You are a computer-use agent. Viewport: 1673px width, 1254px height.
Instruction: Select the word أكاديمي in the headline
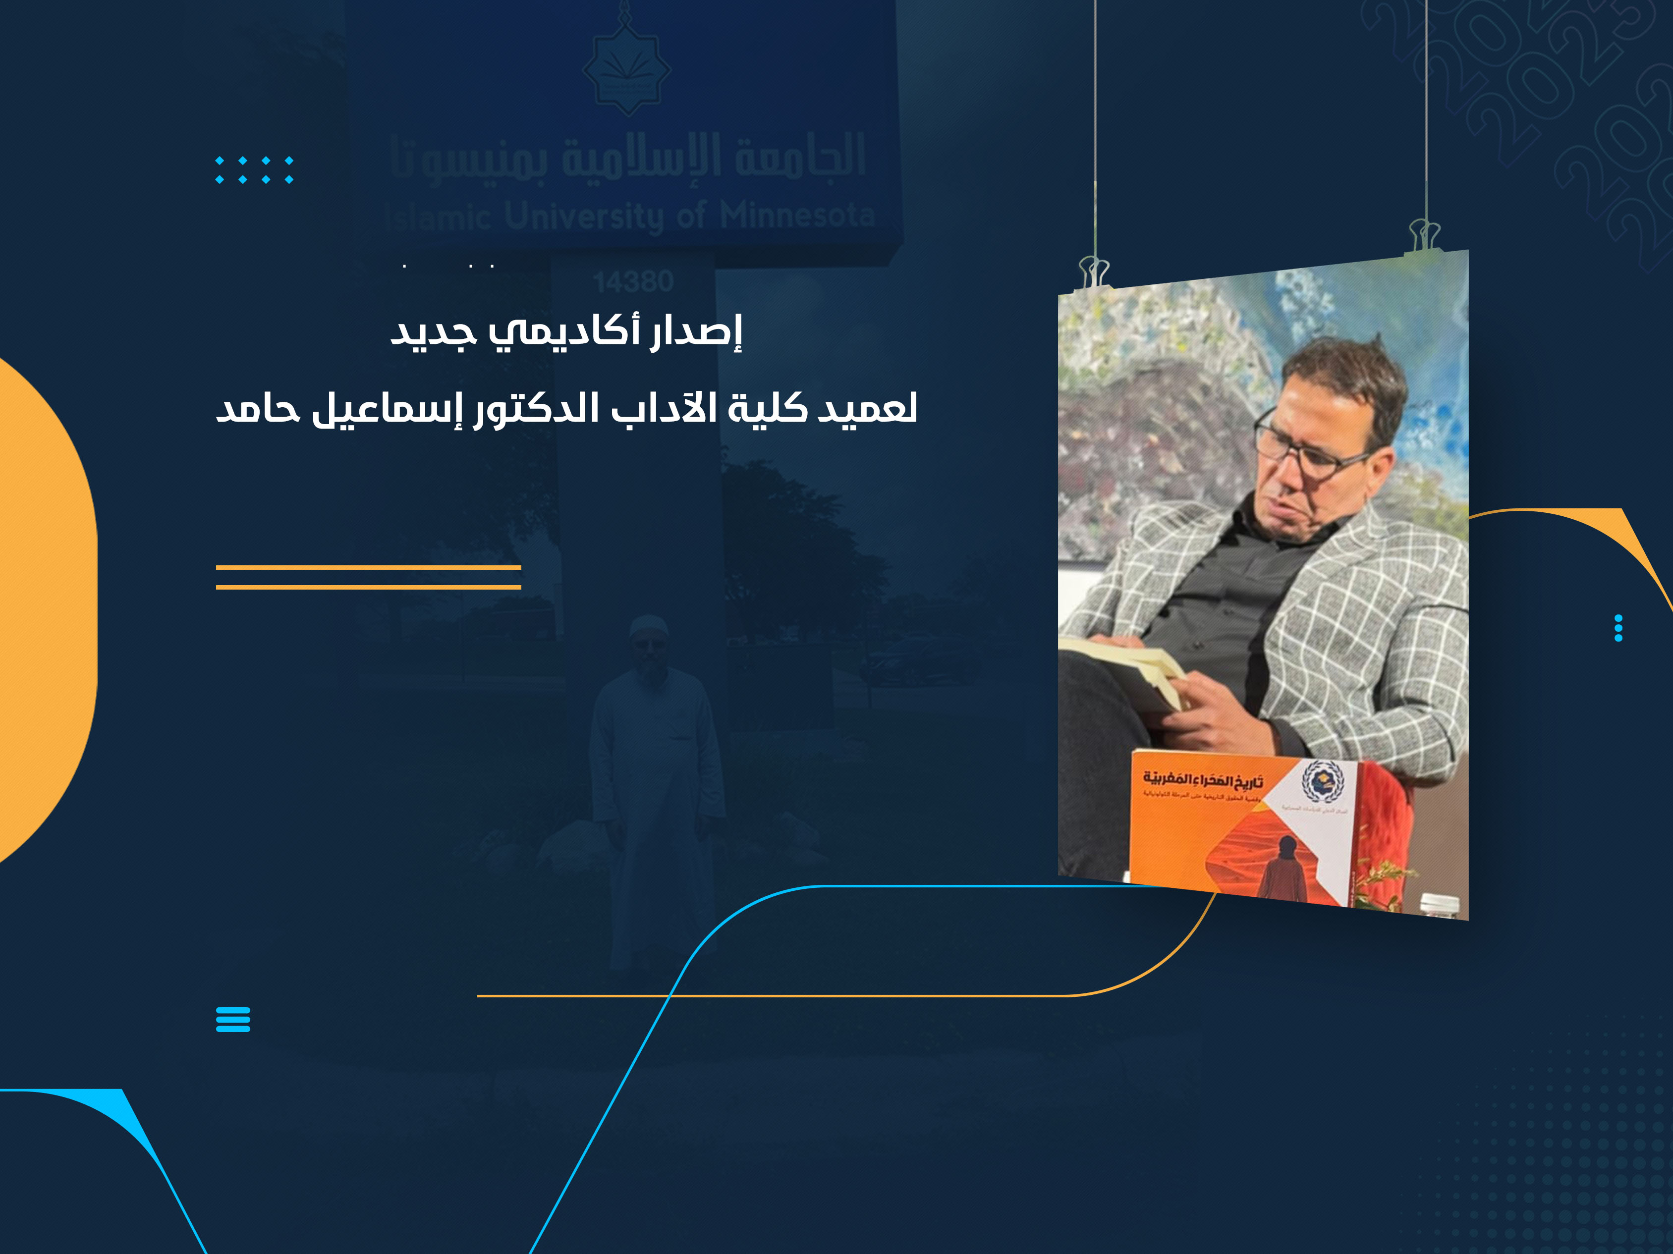pos(563,333)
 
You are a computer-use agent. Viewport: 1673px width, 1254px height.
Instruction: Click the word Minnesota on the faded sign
pos(797,216)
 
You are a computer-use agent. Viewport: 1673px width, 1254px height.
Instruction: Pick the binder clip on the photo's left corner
pos(1094,273)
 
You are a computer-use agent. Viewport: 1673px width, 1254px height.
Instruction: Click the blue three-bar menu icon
pos(233,1020)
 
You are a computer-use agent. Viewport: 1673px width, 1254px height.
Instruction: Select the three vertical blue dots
pos(1618,628)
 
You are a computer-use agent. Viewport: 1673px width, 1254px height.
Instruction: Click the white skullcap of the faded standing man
pos(649,626)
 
